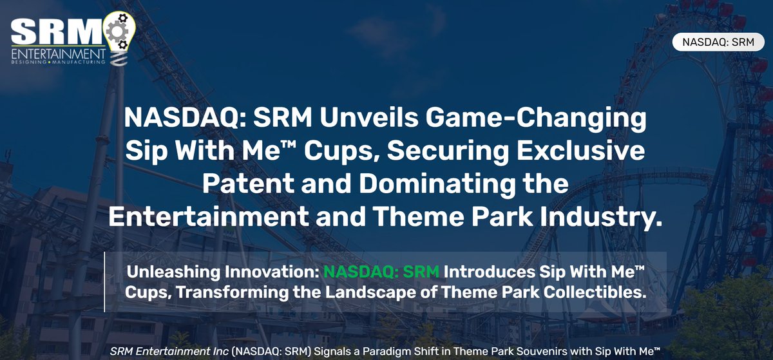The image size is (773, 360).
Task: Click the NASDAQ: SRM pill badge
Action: (x=718, y=42)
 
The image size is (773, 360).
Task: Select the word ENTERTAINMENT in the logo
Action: (x=59, y=54)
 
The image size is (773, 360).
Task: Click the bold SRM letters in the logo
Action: (x=57, y=31)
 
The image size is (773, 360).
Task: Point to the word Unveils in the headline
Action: (x=368, y=118)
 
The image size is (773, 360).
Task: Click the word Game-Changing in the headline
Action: (x=536, y=118)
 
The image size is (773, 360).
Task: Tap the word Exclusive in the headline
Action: (x=580, y=151)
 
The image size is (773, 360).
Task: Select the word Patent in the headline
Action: (x=248, y=184)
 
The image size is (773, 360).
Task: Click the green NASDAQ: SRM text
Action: (x=381, y=272)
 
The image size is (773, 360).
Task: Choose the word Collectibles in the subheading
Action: (x=594, y=292)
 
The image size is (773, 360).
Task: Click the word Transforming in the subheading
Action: (x=233, y=292)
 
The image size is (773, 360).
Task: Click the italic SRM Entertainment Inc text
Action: (x=169, y=352)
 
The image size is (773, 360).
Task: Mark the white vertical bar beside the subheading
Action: (x=104, y=281)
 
